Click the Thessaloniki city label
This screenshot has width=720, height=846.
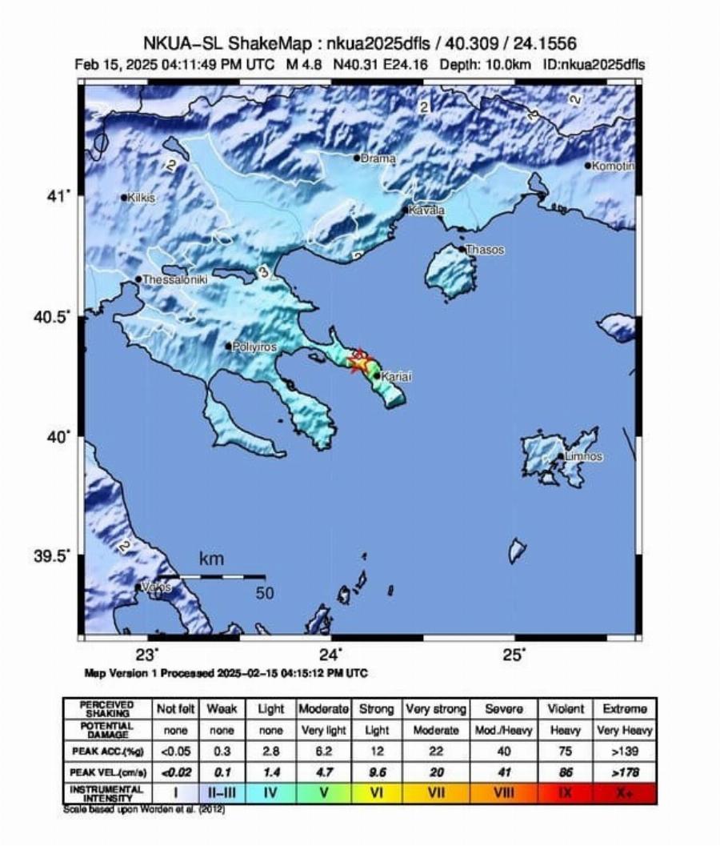(174, 279)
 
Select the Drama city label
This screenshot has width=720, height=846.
(378, 158)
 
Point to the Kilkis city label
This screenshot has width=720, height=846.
(141, 198)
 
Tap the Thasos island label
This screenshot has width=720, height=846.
(485, 250)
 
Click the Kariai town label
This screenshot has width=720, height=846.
(398, 375)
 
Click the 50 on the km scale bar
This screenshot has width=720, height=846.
(266, 593)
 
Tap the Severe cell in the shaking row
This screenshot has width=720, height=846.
(504, 709)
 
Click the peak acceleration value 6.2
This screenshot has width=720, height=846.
(323, 751)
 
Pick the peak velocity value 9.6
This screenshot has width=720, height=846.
(376, 772)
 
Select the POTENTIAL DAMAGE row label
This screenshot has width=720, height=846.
(107, 730)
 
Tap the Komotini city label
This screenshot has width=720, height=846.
(613, 166)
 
